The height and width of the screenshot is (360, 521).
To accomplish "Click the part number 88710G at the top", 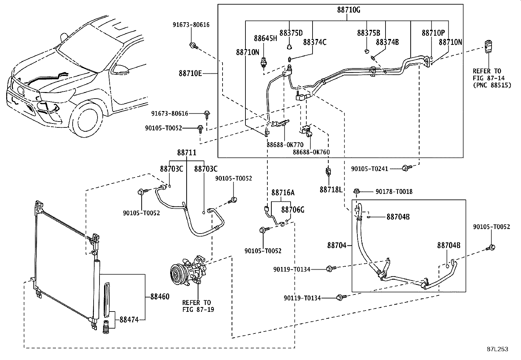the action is coord(349,10).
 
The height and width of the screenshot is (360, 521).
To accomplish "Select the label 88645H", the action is coord(265,38).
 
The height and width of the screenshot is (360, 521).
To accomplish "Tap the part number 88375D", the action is coord(291,33).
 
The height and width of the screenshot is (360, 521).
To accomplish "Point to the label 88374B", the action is coord(387,42).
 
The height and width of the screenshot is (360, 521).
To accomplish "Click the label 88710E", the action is coord(190,73).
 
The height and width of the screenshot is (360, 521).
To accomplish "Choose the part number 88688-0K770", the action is coord(285,145).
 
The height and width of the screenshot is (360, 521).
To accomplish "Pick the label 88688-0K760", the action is coord(311,152).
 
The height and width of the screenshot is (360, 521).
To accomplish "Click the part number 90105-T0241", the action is coord(369,169).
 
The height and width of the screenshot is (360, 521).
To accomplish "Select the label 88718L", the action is coord(331,190).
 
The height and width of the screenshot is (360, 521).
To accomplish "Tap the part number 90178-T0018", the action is coord(394,192).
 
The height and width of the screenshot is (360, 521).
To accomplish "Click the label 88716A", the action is coord(283,193).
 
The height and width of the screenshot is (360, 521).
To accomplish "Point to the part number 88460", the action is coord(160,297).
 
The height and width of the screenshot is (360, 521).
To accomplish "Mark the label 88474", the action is coord(129,320).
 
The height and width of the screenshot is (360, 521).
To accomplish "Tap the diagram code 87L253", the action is coord(497,349).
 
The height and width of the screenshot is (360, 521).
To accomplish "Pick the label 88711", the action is coord(187,153).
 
